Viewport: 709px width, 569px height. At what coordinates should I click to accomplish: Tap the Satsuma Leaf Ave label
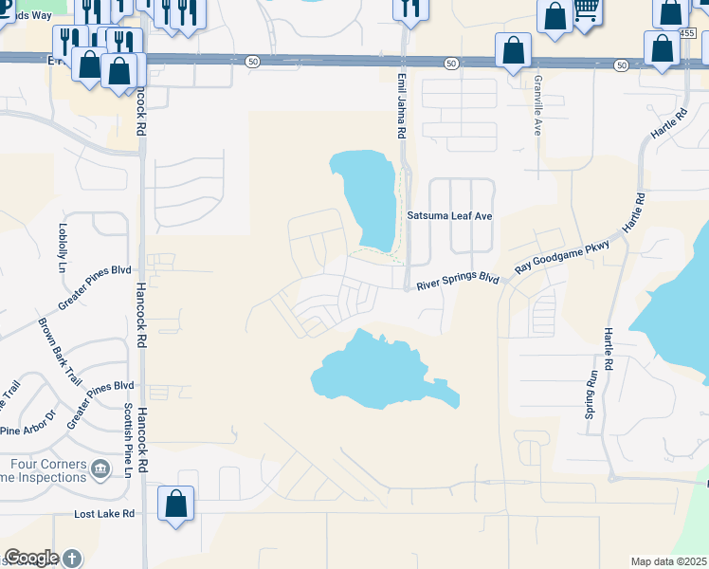[x=449, y=216]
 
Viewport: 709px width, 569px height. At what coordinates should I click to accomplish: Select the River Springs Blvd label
[x=458, y=281]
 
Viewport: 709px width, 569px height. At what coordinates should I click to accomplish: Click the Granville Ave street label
[x=537, y=105]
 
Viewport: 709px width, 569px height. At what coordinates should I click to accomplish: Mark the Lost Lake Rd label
[x=105, y=514]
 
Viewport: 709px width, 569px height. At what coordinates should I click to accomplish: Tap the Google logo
[x=31, y=558]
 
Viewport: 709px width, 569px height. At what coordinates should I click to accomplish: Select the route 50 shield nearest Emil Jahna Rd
[x=450, y=63]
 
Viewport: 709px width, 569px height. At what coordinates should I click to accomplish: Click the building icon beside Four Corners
[x=100, y=467]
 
